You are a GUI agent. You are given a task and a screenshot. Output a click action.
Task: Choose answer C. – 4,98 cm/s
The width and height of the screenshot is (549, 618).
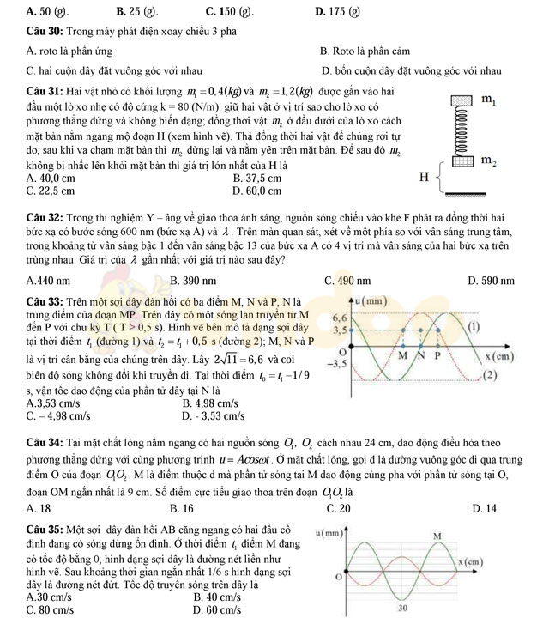coord(59,416)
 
